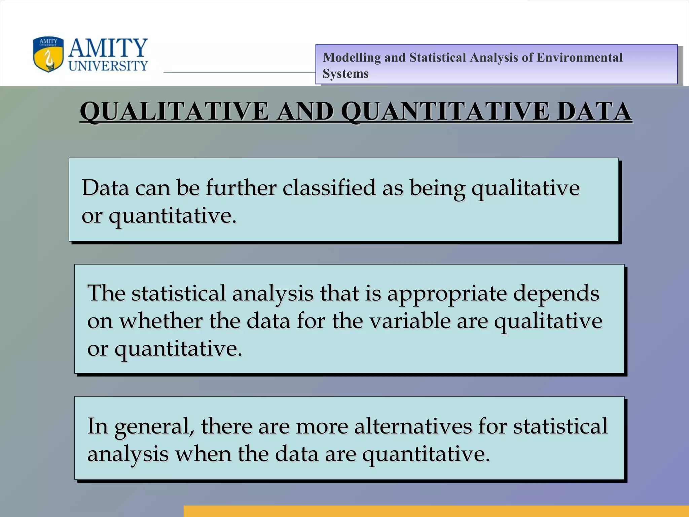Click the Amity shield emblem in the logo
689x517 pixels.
pyautogui.click(x=48, y=55)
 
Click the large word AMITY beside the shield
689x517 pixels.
pyautogui.click(x=108, y=48)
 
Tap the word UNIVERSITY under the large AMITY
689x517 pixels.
pyautogui.click(x=108, y=66)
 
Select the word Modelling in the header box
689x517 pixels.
pyautogui.click(x=351, y=58)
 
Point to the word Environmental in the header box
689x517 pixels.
pyautogui.click(x=579, y=58)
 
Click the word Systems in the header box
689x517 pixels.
pyautogui.click(x=345, y=74)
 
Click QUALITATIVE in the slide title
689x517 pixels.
pyautogui.click(x=174, y=111)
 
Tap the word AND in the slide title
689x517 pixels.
pyautogui.click(x=304, y=111)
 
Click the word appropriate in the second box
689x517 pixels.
pyautogui.click(x=447, y=294)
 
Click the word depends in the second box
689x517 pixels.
pyautogui.click(x=556, y=294)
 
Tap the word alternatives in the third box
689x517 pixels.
pyautogui.click(x=412, y=426)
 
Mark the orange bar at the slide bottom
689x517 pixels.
pyautogui.click(x=436, y=511)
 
